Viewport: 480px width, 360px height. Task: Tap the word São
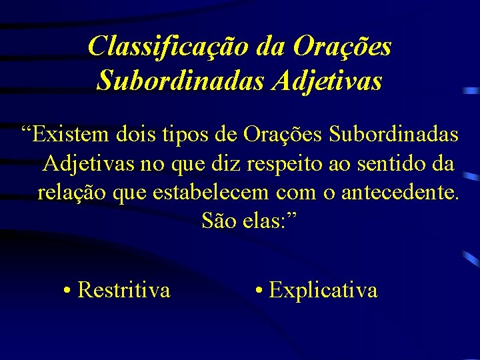[x=217, y=221]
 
